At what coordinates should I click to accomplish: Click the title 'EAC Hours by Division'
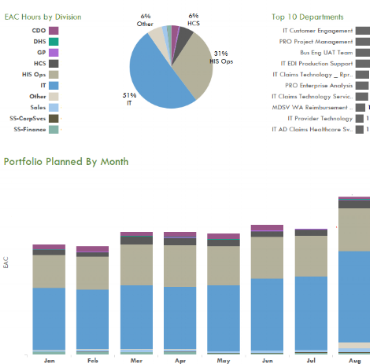[x=50, y=18]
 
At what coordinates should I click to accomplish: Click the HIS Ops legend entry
[x=25, y=74]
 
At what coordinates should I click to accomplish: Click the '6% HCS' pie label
[x=193, y=19]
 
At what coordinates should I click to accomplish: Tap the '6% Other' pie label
[x=145, y=19]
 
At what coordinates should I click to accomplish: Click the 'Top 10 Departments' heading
[x=307, y=17]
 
